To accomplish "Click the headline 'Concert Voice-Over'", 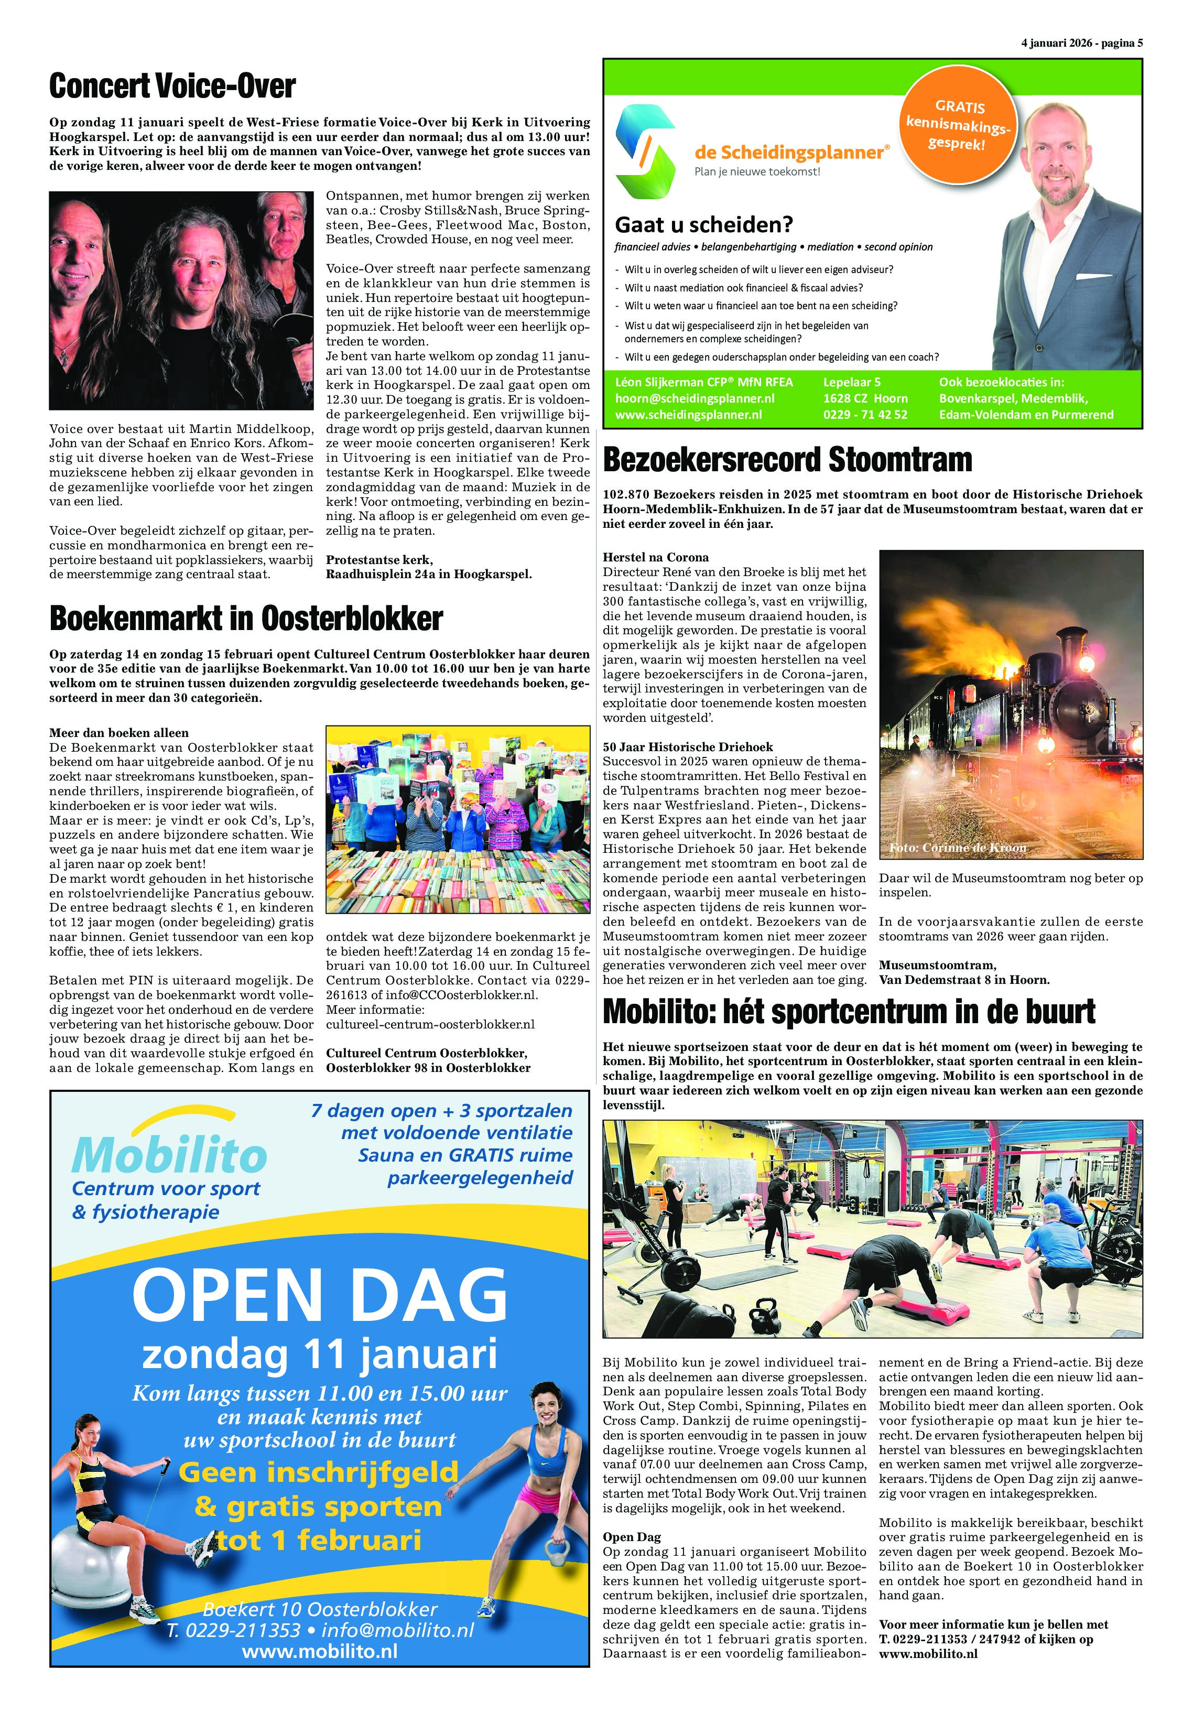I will [x=172, y=86].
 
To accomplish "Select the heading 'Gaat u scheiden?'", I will [x=703, y=224].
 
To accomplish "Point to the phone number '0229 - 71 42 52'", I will [x=865, y=415].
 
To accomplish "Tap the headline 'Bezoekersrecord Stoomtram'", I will [x=787, y=460].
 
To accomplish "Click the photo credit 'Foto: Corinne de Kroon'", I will [x=957, y=848].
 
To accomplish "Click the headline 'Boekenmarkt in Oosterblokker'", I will [x=246, y=619].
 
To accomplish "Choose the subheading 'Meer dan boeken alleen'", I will [x=118, y=733].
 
